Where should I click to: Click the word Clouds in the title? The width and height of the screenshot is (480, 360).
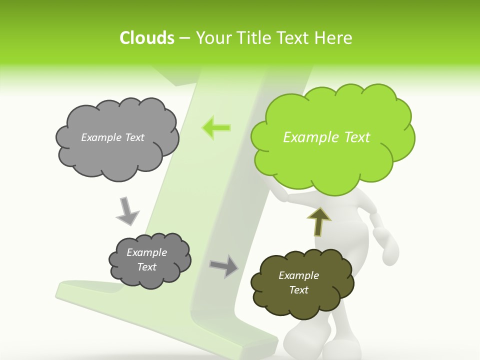pyautogui.click(x=147, y=38)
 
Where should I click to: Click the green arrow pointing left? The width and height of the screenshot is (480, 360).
pyautogui.click(x=216, y=127)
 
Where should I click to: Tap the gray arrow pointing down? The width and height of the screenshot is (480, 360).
pyautogui.click(x=127, y=210)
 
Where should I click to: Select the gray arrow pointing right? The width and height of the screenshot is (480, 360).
pyautogui.click(x=224, y=266)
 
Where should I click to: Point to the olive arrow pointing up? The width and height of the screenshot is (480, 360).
pyautogui.click(x=318, y=221)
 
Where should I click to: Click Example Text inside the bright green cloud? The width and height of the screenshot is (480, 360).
pyautogui.click(x=326, y=137)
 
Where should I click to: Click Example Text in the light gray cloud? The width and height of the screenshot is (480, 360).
pyautogui.click(x=112, y=137)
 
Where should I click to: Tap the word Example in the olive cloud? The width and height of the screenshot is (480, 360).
pyautogui.click(x=298, y=275)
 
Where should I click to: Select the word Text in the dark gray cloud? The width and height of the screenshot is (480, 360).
pyautogui.click(x=147, y=267)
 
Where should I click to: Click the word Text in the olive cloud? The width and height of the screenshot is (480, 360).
pyautogui.click(x=298, y=290)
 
